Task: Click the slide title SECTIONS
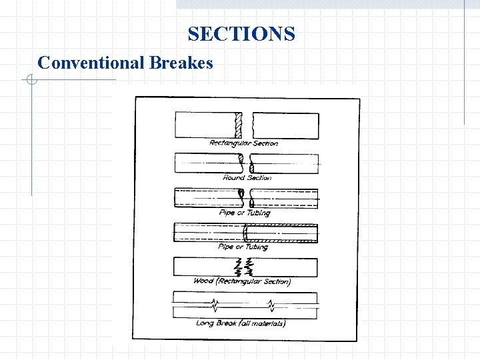[x=241, y=33]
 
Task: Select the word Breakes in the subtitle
[x=181, y=63]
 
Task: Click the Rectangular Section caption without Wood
[x=243, y=143]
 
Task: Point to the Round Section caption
[x=247, y=177]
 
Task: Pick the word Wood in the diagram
[x=203, y=281]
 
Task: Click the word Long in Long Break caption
[x=205, y=323]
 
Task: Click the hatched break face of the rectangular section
[x=239, y=125]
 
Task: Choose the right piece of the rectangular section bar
[x=285, y=125]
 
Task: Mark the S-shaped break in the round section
[x=245, y=162]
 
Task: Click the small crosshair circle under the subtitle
[x=31, y=81]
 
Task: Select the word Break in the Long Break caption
[x=226, y=323]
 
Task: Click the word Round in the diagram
[x=233, y=177]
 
